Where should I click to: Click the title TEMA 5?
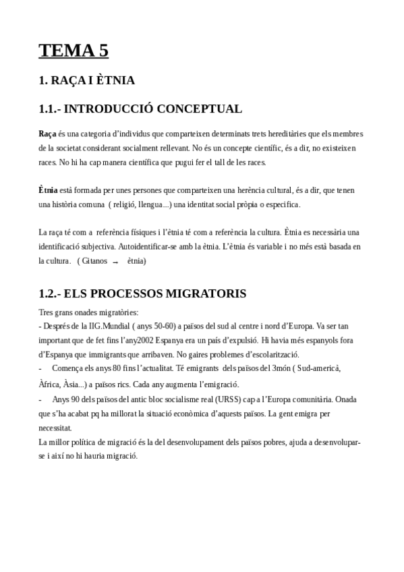74,51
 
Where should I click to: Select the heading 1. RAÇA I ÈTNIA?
87,81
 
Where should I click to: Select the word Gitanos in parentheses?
96,260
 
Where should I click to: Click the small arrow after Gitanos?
115,261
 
